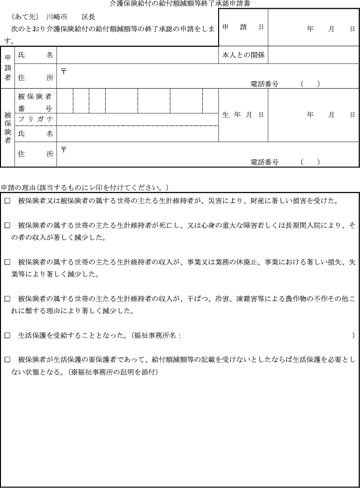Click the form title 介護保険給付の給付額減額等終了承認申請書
coord(180,3)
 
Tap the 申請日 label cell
coord(243,28)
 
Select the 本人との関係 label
coord(243,55)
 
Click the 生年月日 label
coord(243,115)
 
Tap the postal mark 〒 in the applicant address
coord(64,71)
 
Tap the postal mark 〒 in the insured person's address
coord(64,150)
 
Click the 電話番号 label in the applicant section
coord(264,84)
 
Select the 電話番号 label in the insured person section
coord(264,162)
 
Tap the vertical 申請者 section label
coord(8,68)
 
